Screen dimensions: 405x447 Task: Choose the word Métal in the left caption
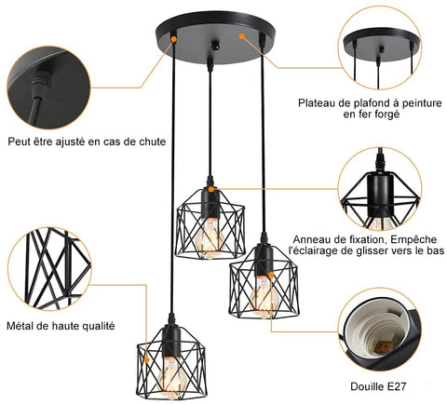[x=26, y=326]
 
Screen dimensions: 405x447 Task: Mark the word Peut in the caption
[x=20, y=142]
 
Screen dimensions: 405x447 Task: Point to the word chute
[x=150, y=142]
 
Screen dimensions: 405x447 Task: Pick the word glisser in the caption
[x=372, y=251]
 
